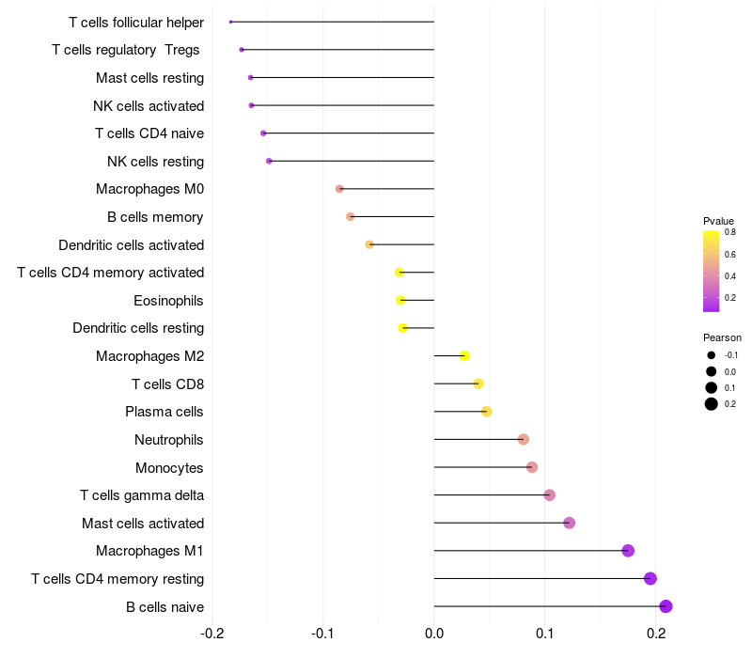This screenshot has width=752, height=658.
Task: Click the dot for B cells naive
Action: pos(666,606)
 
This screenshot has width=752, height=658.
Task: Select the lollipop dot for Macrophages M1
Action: pos(628,551)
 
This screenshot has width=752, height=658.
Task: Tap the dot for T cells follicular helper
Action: pos(230,22)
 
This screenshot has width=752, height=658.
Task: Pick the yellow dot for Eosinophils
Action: pos(400,300)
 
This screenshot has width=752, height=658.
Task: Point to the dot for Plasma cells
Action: pos(486,412)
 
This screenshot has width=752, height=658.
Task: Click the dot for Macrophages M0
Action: pos(339,189)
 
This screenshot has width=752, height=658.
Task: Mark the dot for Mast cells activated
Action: pos(569,523)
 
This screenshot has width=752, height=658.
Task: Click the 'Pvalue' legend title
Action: pos(719,221)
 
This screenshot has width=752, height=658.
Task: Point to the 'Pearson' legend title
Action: pos(722,337)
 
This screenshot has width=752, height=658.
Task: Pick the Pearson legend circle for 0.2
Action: pos(712,404)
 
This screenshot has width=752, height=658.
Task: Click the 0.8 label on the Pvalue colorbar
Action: pos(729,231)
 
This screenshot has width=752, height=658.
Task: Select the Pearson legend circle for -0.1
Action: pos(712,355)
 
